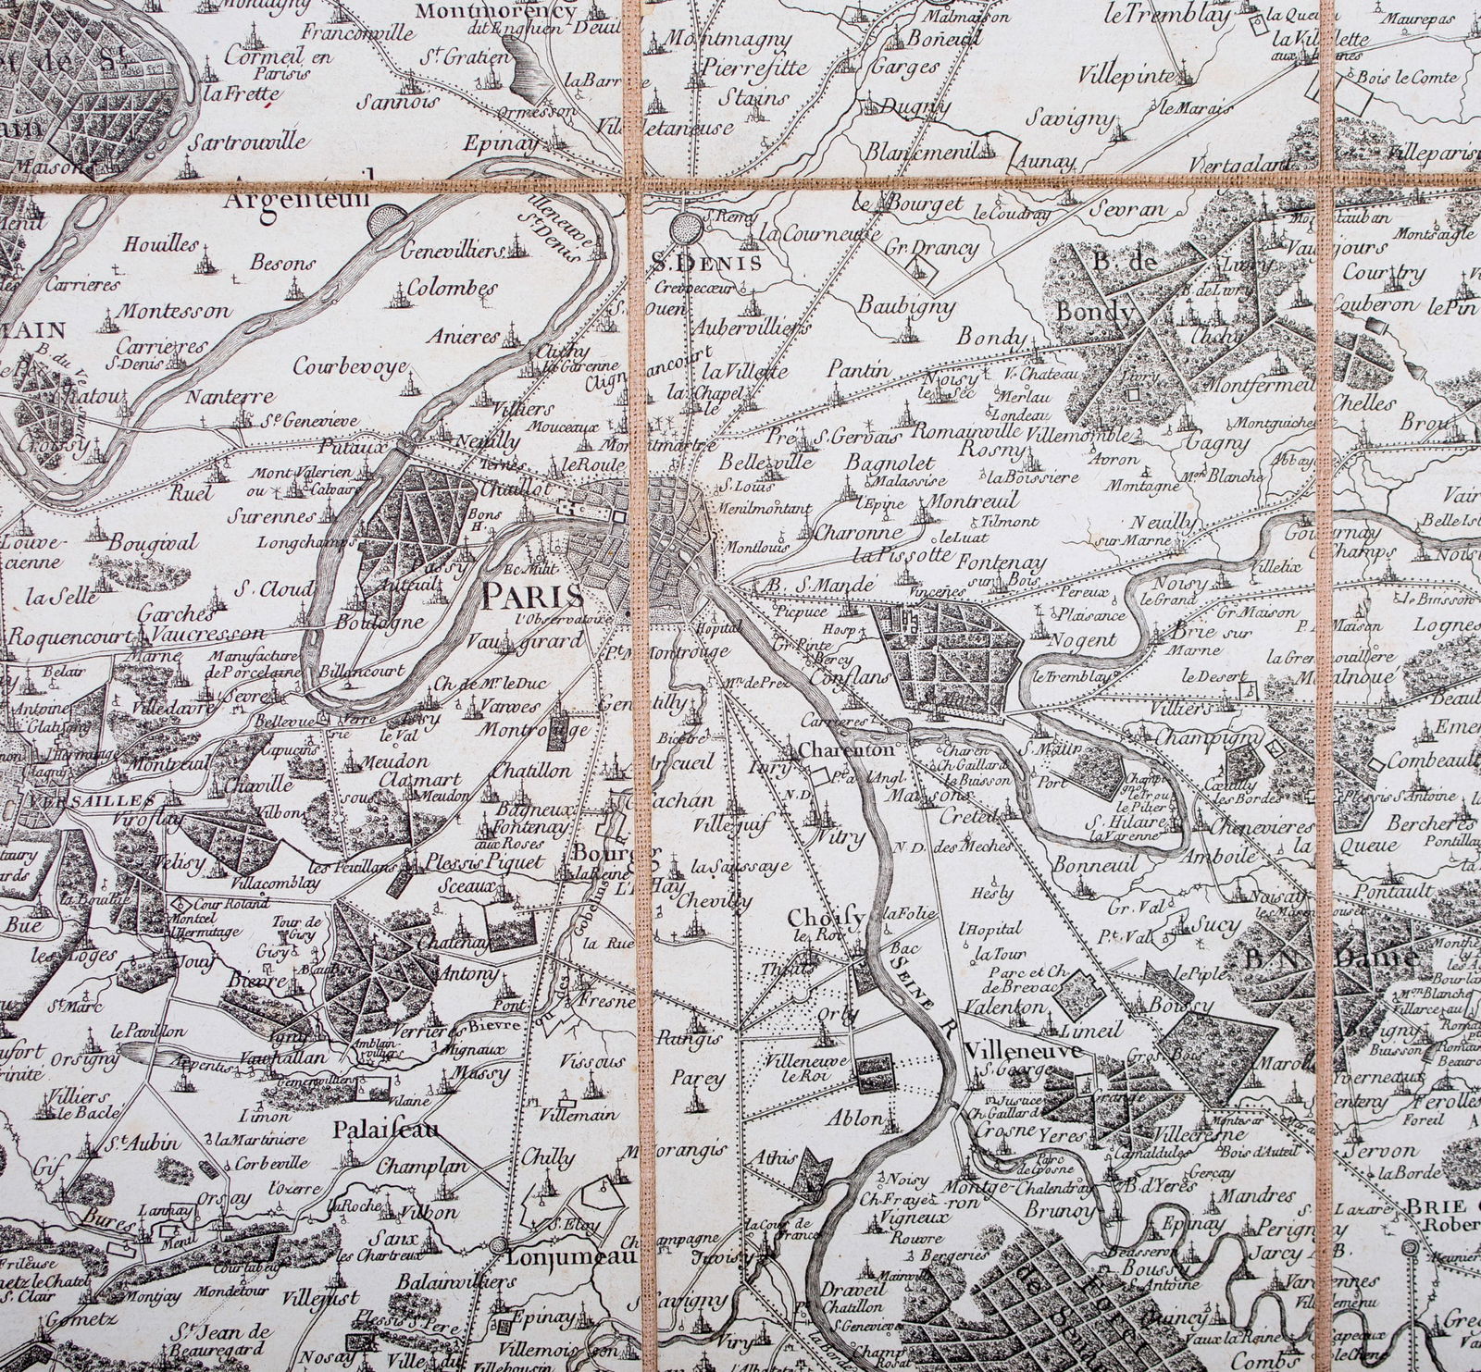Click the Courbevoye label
pyautogui.click(x=350, y=366)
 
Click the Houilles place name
pyautogui.click(x=159, y=244)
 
